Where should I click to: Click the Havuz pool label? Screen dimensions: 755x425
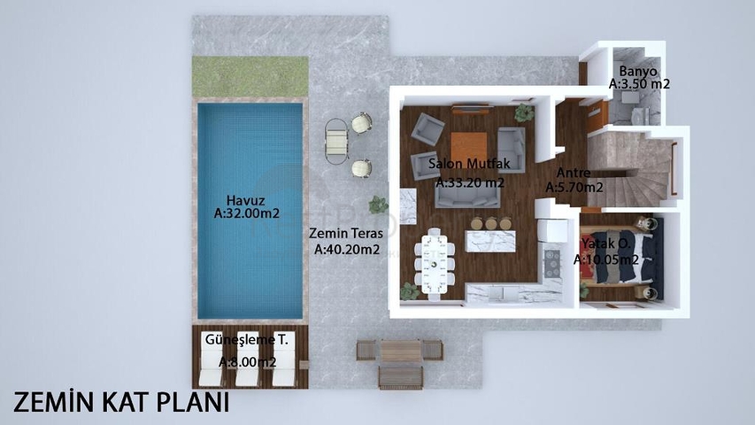[245, 200]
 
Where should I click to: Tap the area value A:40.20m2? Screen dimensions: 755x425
[347, 249]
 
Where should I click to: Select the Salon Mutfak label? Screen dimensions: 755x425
[469, 163]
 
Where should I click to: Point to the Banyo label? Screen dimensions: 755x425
[638, 72]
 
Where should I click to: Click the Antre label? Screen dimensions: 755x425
[574, 173]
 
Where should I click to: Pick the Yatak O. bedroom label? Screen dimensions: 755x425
[605, 243]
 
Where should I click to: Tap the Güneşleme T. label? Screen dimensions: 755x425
[247, 340]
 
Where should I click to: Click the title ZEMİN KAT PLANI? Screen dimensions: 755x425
[121, 402]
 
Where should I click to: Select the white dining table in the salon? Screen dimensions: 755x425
[435, 264]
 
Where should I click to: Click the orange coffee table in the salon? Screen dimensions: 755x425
[468, 149]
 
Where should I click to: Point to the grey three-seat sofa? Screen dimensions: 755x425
[467, 196]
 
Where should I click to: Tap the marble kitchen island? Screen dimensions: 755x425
[490, 242]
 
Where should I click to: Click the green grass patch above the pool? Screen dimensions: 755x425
[250, 76]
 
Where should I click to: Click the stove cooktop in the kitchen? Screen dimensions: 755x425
[551, 263]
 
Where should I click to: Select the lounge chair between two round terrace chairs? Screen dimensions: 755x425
[336, 142]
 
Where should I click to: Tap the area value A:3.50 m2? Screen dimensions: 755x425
[639, 84]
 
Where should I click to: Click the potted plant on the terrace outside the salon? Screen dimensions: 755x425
[378, 205]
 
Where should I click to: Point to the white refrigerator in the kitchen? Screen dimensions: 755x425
[552, 230]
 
